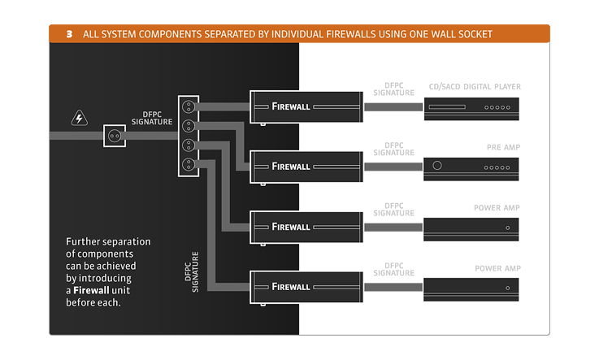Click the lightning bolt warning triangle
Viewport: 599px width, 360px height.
click(x=79, y=119)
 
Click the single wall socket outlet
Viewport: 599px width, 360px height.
click(x=115, y=136)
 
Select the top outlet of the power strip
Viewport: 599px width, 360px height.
click(x=189, y=106)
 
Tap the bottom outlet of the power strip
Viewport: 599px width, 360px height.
click(x=189, y=164)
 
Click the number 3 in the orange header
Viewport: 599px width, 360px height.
click(x=70, y=34)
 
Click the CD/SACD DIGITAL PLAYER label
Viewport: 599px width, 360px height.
click(x=475, y=87)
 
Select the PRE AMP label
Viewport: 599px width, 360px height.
click(x=503, y=147)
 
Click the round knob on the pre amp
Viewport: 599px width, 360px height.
click(x=437, y=165)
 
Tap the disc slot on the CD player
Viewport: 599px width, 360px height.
click(x=447, y=107)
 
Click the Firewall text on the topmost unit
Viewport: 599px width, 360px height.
click(x=291, y=106)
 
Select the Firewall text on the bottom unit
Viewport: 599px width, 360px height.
click(x=291, y=287)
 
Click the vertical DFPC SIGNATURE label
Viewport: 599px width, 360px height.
click(x=192, y=271)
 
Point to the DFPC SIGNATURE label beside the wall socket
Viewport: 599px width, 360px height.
click(x=152, y=118)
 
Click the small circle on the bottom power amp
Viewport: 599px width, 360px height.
click(x=508, y=288)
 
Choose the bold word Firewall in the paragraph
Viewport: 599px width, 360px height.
click(x=91, y=290)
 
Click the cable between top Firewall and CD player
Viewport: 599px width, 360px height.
click(x=393, y=107)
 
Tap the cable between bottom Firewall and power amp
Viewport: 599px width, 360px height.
click(x=393, y=287)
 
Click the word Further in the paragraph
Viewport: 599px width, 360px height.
click(x=83, y=241)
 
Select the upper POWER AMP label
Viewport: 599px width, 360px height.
click(x=497, y=208)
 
